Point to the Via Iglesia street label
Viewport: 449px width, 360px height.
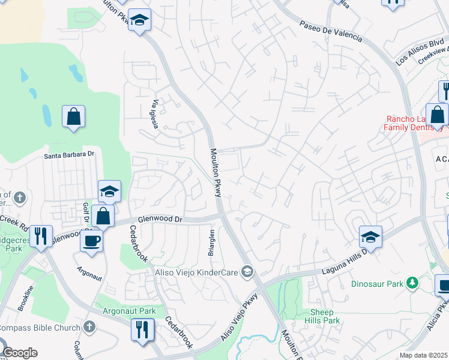[x=158, y=110]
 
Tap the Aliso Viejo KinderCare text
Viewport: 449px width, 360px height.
[x=197, y=272]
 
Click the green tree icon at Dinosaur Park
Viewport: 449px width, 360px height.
[x=412, y=282]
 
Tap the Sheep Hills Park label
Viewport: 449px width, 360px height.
[x=325, y=316]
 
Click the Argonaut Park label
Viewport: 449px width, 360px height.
[x=129, y=311]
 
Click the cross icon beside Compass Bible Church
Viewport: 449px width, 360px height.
[x=89, y=327]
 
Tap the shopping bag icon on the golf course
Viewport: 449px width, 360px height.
[x=73, y=116]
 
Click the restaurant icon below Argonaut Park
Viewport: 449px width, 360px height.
[x=142, y=329]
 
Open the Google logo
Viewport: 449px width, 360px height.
[x=20, y=353]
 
